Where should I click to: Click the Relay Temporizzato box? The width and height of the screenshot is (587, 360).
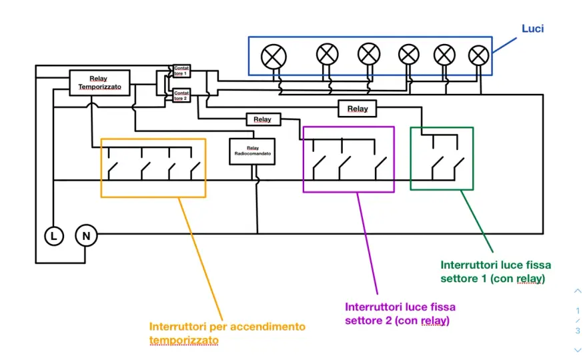coord(99,83)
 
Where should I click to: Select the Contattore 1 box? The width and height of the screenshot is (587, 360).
coord(181,71)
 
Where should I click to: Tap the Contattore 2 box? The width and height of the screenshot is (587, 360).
coord(181,95)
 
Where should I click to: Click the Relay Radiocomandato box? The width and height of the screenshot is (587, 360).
coord(252,151)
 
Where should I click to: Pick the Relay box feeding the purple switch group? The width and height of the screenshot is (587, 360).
coord(263,119)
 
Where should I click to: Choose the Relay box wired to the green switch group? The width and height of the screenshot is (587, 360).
coord(357,109)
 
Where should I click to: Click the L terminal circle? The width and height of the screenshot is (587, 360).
coord(54,236)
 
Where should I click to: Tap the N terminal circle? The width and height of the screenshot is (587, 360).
coord(86,236)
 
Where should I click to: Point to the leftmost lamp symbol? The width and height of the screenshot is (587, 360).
coord(273,57)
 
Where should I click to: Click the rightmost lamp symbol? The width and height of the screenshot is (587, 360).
coord(478,55)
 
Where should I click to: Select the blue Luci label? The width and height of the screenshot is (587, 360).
coord(533,29)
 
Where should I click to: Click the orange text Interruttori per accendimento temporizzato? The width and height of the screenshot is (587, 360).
coord(227,333)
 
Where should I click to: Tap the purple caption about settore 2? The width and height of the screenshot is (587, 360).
coord(400,313)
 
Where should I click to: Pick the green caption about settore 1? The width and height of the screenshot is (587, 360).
coord(496,272)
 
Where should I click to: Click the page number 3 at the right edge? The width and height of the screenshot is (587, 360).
coord(578,331)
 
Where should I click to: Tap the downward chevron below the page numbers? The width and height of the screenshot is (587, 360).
coord(578,350)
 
